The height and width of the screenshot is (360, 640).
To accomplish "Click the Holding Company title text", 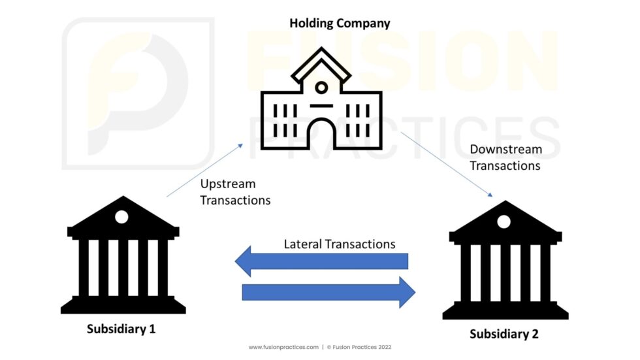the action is coord(340,24).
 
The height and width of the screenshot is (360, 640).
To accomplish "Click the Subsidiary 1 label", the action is coord(121,329).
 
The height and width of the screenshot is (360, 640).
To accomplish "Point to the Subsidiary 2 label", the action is coord(504,334).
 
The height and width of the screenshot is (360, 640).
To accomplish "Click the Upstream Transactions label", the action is coord(236,192).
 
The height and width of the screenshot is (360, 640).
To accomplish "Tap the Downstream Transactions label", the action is coord(505,157).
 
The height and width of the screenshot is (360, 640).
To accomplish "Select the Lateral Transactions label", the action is coord(340,244).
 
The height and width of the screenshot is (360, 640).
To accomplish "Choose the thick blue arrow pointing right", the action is coord(328,292).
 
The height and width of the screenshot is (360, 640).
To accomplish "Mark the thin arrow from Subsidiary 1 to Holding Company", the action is coord(205,171).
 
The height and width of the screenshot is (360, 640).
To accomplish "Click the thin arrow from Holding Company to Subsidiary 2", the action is coord(447,164).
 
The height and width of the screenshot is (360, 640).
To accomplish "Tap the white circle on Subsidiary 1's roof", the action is coord(121,217).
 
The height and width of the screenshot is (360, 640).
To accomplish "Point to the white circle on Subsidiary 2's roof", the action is coord(504,221).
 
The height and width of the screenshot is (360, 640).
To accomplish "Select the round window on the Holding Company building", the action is coord(321,88).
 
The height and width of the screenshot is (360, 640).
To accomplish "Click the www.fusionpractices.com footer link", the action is coord(283,347).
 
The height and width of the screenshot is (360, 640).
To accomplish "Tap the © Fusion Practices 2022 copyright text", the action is coord(359,347).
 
